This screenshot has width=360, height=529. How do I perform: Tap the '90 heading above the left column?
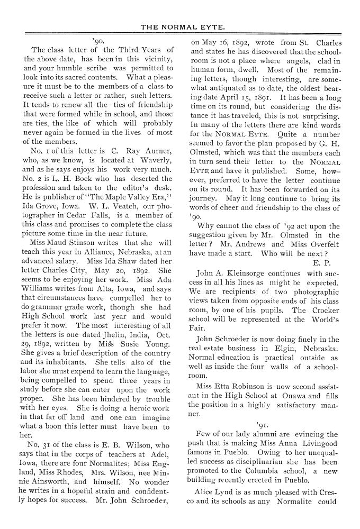coord(97,40)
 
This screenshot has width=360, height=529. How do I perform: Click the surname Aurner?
coord(156,151)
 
